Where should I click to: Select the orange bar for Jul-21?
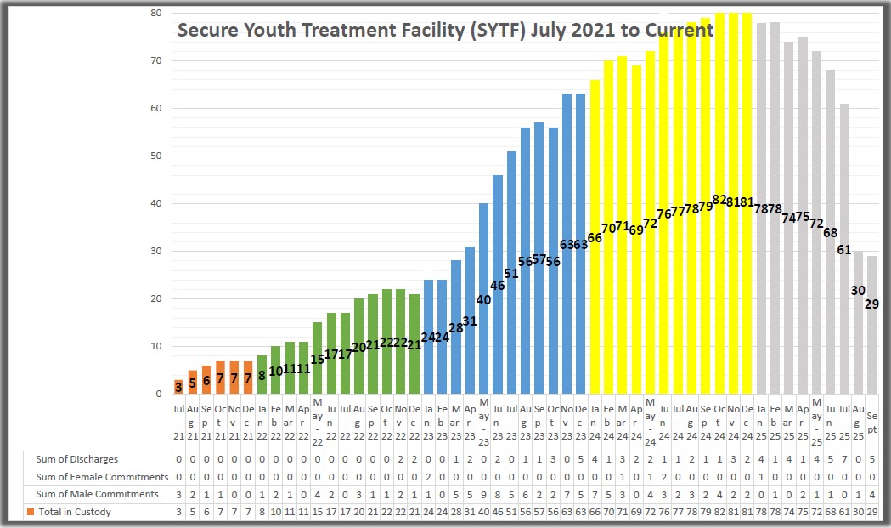(178, 387)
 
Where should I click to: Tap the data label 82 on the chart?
(719, 200)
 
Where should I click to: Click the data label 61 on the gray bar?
(844, 250)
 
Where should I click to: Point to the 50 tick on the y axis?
(156, 156)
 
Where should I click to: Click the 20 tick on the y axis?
(156, 298)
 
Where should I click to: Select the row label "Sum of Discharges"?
(77, 459)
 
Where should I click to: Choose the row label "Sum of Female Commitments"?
(102, 477)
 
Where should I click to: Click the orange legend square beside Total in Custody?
(29, 512)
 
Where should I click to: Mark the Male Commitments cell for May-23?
(483, 494)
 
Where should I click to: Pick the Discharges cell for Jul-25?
(844, 459)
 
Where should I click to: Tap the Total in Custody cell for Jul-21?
(178, 512)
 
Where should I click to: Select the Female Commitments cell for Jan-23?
(428, 477)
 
